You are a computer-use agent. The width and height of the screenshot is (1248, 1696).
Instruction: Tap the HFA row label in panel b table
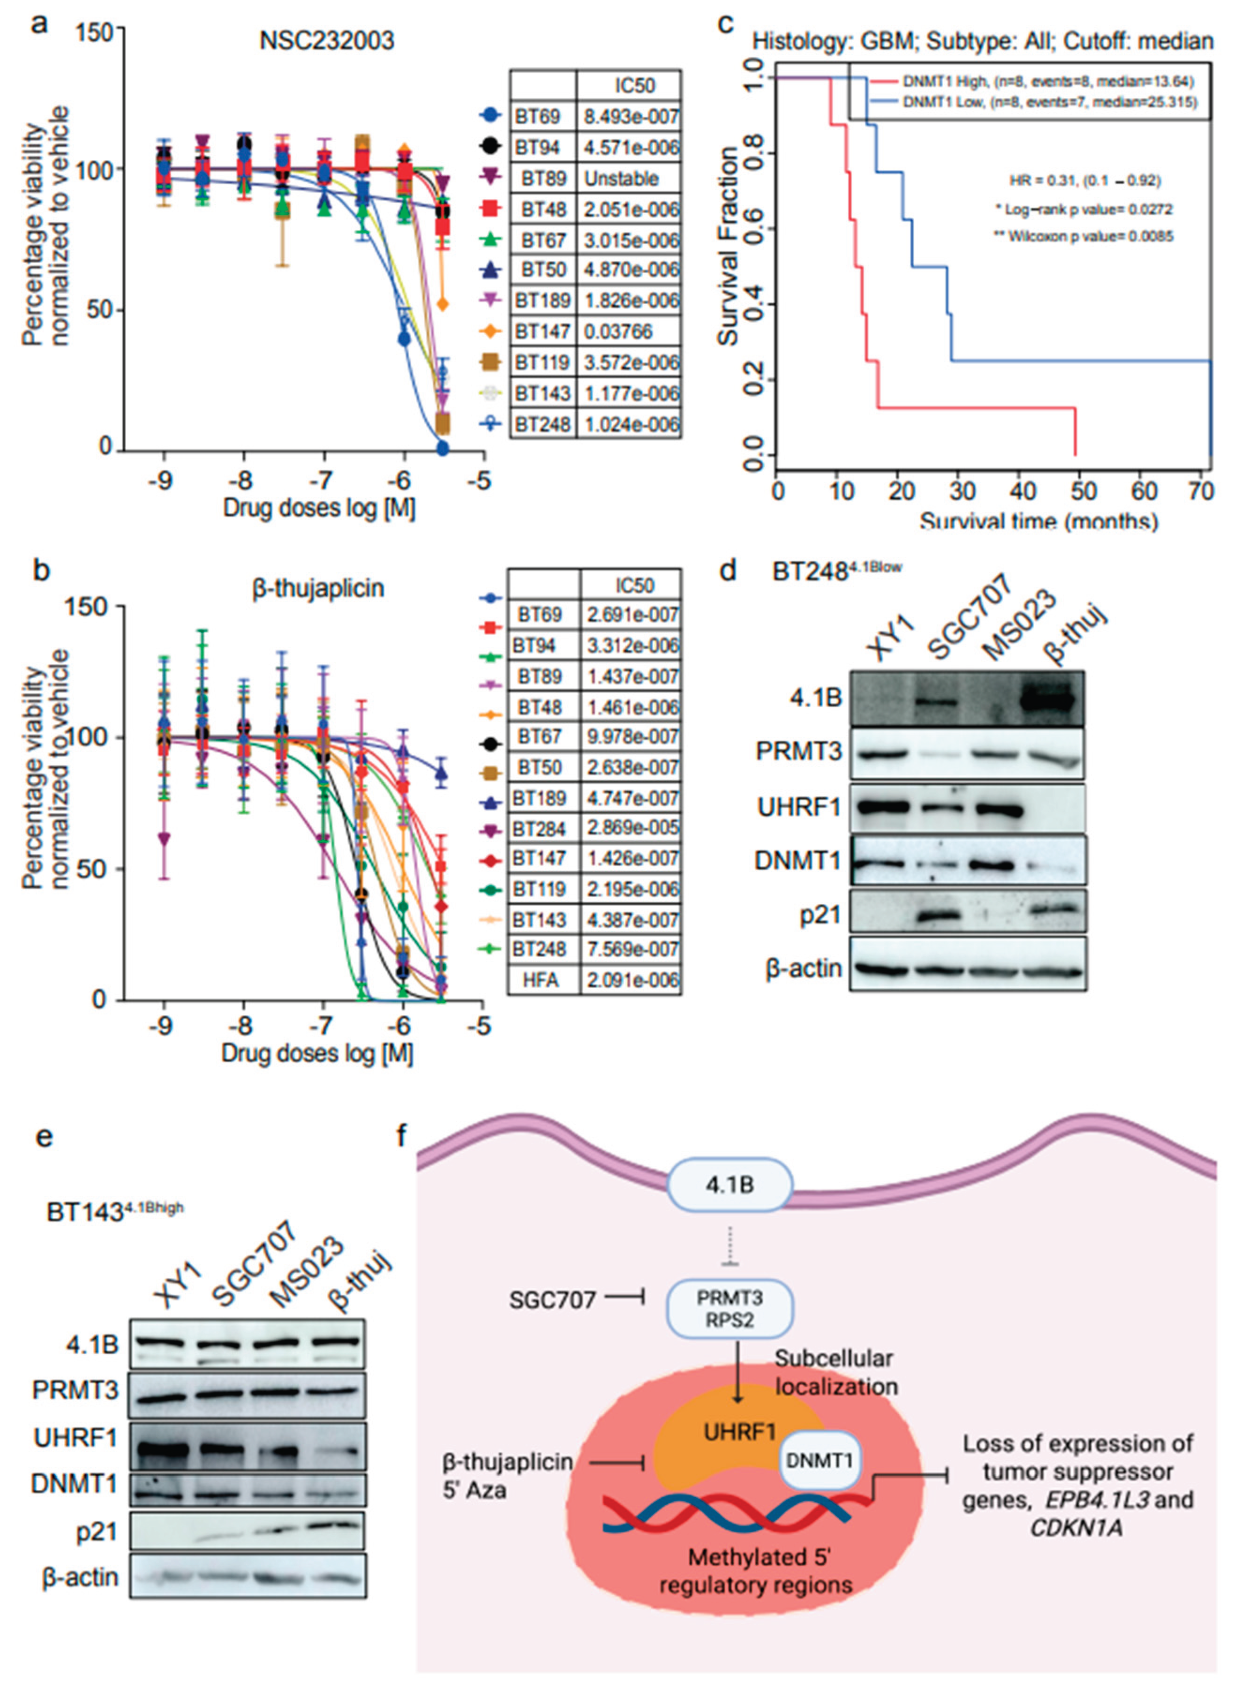(x=541, y=981)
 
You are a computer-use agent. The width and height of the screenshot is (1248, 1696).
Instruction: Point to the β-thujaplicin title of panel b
(x=317, y=588)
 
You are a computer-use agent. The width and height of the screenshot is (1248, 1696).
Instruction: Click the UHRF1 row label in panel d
(x=799, y=808)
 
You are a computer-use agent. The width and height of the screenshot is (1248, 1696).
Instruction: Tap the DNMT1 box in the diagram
(x=819, y=1460)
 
